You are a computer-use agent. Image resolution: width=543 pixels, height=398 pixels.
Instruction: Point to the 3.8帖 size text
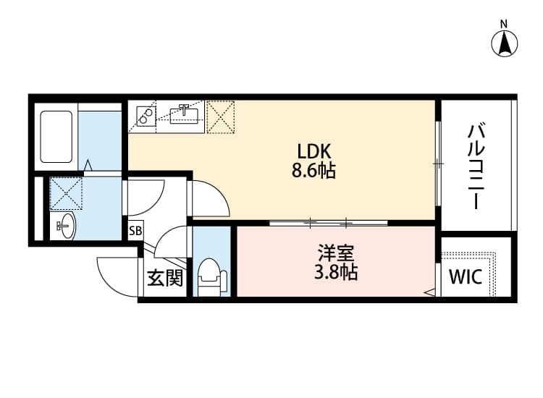[335, 274]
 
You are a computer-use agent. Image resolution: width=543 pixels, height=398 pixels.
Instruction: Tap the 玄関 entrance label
[164, 278]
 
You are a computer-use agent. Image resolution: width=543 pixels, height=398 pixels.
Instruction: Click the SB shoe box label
[135, 232]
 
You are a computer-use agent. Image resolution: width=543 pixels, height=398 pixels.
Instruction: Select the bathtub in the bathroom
[57, 136]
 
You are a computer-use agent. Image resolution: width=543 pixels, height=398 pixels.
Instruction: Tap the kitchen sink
[185, 114]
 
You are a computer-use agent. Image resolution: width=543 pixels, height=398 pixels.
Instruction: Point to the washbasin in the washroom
[64, 226]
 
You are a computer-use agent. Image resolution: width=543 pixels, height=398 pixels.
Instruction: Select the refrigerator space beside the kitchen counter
[222, 116]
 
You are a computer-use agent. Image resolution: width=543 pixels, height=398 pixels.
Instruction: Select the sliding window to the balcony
[438, 164]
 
